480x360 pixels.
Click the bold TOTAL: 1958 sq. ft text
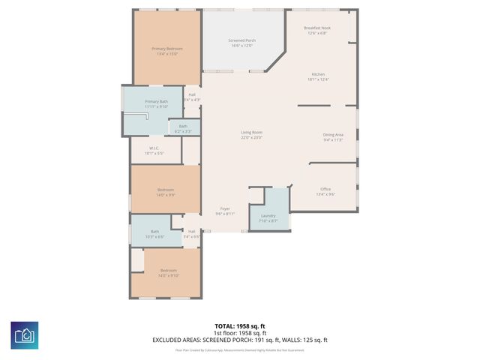[241, 326]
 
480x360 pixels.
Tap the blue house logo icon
[25, 334]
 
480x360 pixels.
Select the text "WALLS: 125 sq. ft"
[303, 340]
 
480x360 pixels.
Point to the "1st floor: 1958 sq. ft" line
[241, 333]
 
